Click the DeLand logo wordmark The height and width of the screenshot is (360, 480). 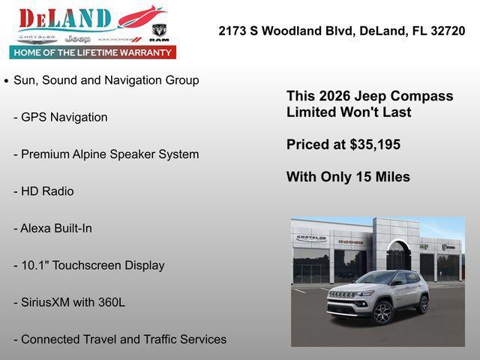click(x=66, y=18)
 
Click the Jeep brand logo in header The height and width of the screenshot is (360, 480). click(x=77, y=38)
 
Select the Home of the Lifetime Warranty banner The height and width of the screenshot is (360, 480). click(x=93, y=52)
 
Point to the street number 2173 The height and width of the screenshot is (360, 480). click(x=233, y=31)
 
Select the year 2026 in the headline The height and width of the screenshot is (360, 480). click(x=334, y=96)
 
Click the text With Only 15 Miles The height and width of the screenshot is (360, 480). click(x=348, y=177)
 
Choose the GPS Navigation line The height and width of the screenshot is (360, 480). click(x=64, y=117)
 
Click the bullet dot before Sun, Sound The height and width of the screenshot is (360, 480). click(x=7, y=80)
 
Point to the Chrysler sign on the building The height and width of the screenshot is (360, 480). click(x=311, y=238)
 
